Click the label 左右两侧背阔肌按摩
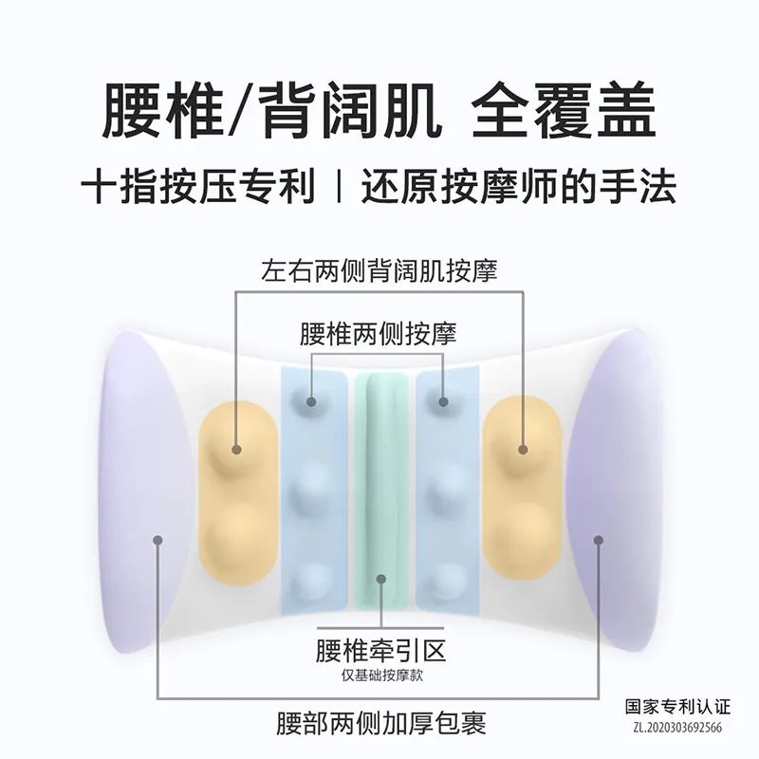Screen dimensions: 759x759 (x=379, y=270)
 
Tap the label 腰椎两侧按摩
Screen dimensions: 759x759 (x=379, y=334)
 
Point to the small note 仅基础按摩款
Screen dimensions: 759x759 (x=379, y=676)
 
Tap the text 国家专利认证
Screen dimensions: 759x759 (x=673, y=708)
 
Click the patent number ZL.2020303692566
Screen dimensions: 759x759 (x=673, y=728)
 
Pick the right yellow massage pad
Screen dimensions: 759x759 (x=522, y=484)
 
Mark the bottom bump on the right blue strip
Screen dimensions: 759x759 (x=441, y=580)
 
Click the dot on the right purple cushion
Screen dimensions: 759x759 (x=599, y=540)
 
